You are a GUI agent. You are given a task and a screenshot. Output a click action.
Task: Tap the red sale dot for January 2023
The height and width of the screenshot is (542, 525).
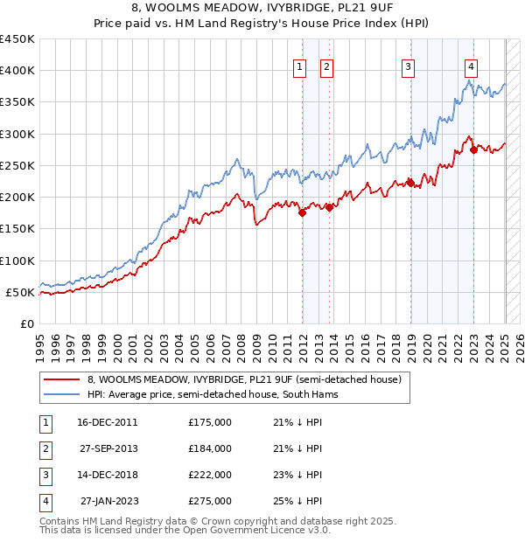pos(473,149)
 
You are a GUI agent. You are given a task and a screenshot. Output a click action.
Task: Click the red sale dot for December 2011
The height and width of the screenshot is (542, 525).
pos(302,212)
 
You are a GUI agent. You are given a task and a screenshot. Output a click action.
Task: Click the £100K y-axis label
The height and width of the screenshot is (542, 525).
pos(17,261)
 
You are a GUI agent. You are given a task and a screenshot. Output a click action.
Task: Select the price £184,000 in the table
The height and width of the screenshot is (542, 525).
pos(210,448)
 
